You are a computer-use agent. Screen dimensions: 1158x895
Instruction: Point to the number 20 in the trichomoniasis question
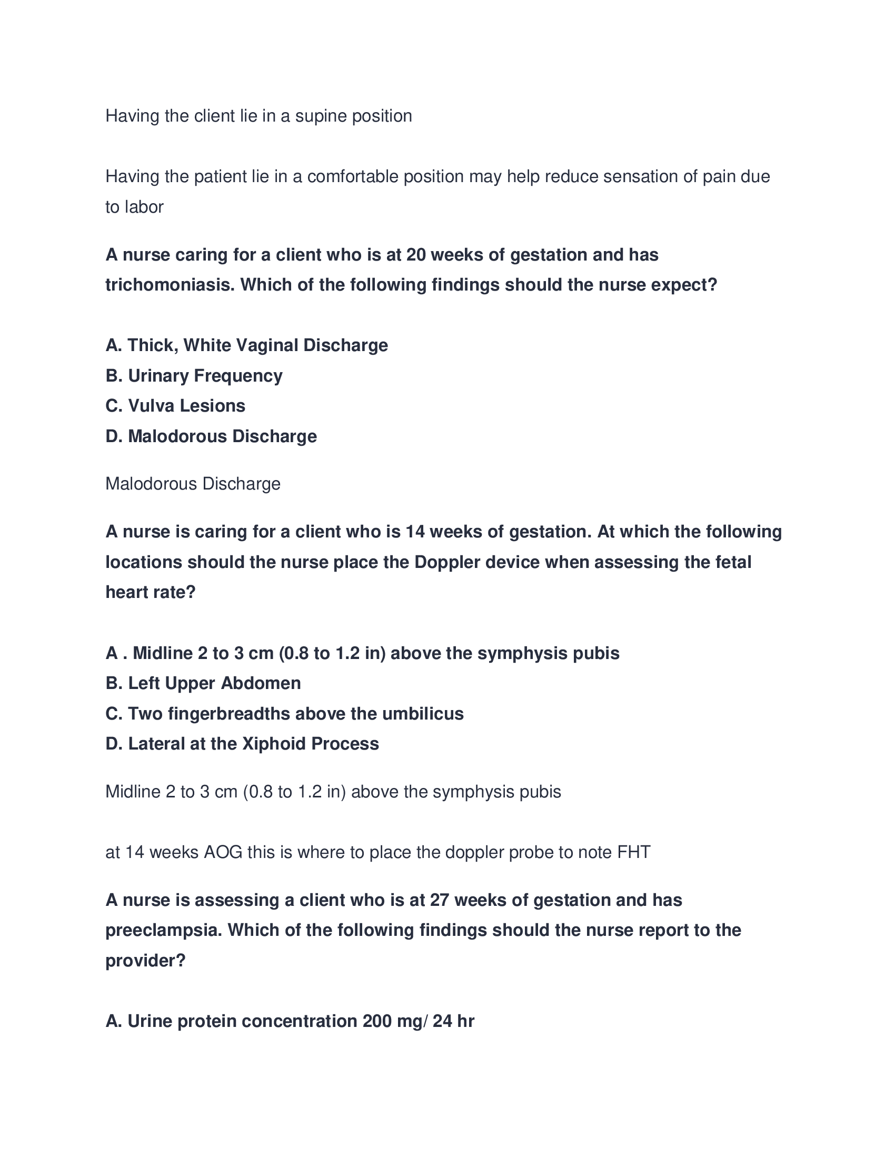coord(417,255)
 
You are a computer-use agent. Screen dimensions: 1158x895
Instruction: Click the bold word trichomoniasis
coord(170,285)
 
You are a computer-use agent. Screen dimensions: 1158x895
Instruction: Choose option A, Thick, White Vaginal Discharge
coord(246,346)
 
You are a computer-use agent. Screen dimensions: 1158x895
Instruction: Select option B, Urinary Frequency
coord(194,376)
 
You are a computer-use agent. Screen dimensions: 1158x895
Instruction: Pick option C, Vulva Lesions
coord(175,406)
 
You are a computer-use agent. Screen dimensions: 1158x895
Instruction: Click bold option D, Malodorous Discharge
coord(211,436)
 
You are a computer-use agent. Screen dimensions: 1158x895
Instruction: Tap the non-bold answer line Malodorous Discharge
coord(193,484)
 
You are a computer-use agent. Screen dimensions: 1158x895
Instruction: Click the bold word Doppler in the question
coord(447,562)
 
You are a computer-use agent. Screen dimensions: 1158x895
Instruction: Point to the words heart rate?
coord(151,592)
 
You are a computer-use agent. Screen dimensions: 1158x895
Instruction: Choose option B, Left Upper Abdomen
coord(203,683)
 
